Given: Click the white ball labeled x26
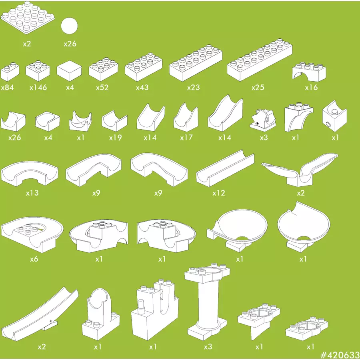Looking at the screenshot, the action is [69, 26].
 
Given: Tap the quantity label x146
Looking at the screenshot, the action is [38, 88].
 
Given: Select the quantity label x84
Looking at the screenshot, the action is [7, 88].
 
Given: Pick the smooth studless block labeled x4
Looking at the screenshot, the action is [69, 71].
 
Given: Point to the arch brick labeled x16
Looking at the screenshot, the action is [309, 72].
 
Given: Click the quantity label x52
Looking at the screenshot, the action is [102, 88].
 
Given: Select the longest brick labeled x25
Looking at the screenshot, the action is [260, 60].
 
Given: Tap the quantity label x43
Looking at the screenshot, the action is [142, 88].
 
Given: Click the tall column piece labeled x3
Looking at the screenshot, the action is [207, 302].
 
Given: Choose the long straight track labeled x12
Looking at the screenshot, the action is [225, 168].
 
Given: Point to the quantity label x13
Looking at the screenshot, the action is [32, 193].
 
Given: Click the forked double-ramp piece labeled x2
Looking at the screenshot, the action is [300, 170].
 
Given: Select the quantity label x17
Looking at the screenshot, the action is [186, 138].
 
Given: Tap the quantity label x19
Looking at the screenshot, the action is [115, 138].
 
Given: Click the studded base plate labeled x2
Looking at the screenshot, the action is [28, 18].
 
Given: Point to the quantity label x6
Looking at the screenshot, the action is [34, 259].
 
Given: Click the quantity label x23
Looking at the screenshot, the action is [194, 88].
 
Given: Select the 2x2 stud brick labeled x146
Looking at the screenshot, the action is [38, 71].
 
